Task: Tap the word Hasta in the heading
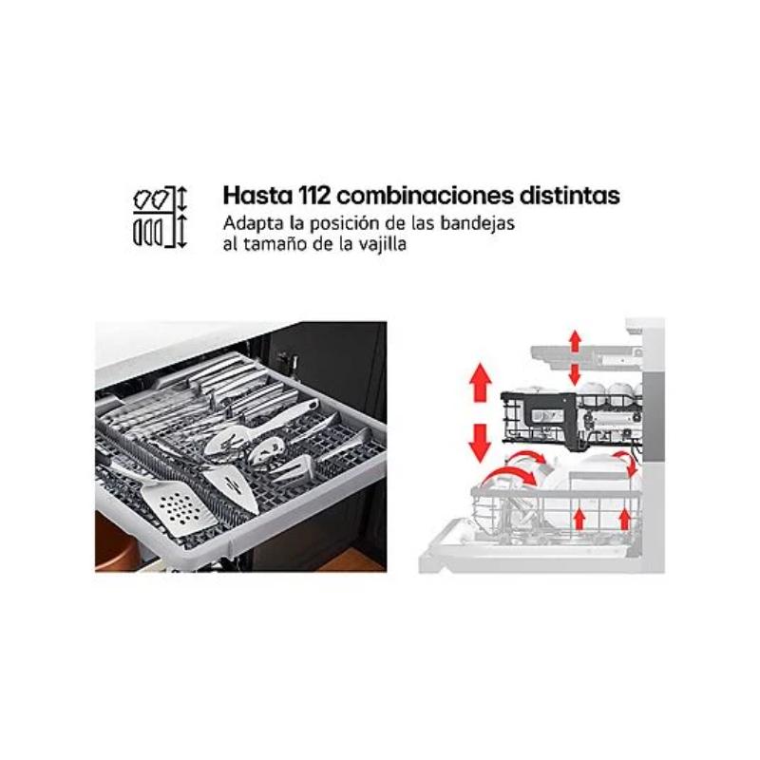[x=257, y=196]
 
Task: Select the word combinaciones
[x=425, y=196]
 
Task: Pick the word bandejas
[x=477, y=223]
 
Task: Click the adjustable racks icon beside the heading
[x=160, y=218]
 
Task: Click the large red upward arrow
[x=481, y=382]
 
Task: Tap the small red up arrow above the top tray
[x=576, y=340]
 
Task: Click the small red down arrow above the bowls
[x=575, y=373]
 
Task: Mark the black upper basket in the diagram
[x=571, y=417]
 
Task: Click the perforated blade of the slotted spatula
[x=179, y=508]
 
